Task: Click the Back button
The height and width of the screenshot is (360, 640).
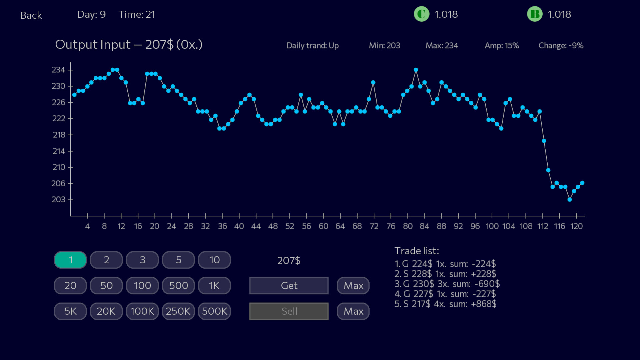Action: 31,15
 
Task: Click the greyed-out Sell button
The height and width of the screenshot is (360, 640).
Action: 289,311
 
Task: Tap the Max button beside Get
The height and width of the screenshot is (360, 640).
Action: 353,286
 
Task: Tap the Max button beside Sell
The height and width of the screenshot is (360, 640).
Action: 353,311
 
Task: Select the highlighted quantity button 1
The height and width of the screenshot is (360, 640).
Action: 70,260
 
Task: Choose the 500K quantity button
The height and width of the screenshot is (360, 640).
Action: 214,311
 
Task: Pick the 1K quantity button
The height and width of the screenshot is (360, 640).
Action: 214,286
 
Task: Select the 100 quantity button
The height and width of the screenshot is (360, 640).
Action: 142,286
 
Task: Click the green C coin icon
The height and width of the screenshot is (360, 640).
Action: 421,14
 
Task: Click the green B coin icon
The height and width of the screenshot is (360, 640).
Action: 534,14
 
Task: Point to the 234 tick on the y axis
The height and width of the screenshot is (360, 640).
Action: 59,70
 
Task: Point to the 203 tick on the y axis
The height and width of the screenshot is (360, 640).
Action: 59,200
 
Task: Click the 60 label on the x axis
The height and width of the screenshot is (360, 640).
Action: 323,226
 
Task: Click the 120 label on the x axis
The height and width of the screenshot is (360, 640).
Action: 576,226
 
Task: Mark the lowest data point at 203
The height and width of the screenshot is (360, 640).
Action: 569,200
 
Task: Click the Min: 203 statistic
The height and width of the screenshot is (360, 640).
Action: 384,46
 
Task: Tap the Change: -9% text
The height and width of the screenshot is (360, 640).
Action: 561,46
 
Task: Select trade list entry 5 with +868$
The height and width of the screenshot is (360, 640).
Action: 445,304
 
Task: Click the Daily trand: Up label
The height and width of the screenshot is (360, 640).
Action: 312,46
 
